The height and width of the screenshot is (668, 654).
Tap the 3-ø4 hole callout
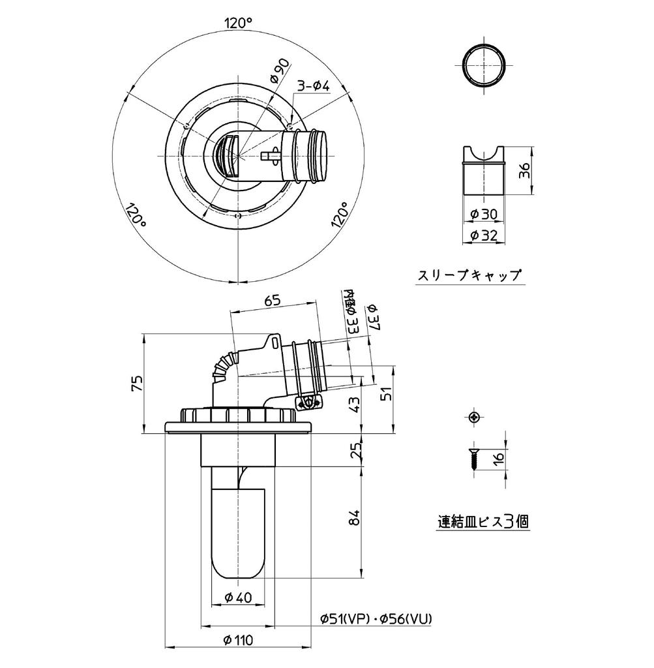pos(314,85)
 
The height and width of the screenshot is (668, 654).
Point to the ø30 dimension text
pos(483,214)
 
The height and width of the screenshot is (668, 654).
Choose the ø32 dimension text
pos(483,235)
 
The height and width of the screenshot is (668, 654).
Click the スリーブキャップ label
pos(469,275)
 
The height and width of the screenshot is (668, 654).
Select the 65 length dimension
pos(273,301)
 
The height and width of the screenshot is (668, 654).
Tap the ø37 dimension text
pos(372,316)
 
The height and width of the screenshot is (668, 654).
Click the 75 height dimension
pos(136,383)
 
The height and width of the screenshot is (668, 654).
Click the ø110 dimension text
pos(239,640)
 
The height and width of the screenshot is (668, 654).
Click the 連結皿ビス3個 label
pos(483,521)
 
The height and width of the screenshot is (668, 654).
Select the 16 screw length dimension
pos(499,457)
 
